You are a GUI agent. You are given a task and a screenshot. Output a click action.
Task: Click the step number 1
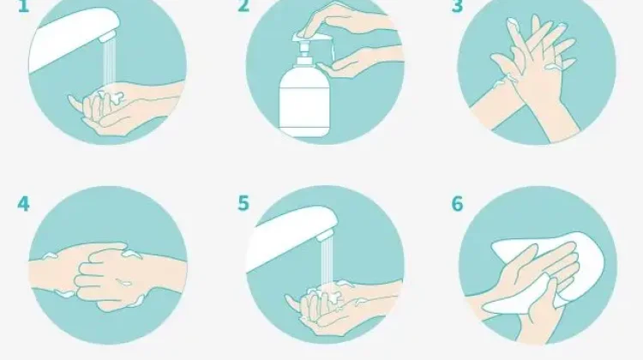(x=24, y=6)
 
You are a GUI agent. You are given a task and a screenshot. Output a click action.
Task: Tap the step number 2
(x=243, y=6)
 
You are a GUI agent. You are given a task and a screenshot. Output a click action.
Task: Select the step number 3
(x=457, y=6)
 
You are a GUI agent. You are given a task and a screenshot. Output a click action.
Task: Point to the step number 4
(x=23, y=204)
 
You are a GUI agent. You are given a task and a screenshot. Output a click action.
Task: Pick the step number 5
(x=243, y=203)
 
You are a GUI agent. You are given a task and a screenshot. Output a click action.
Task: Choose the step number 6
(x=457, y=204)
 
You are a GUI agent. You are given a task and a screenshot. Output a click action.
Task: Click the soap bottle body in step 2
(x=304, y=99)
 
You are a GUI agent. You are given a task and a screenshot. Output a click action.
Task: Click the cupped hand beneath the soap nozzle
(x=361, y=63)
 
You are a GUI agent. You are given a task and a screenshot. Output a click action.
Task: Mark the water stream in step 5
(x=327, y=262)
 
